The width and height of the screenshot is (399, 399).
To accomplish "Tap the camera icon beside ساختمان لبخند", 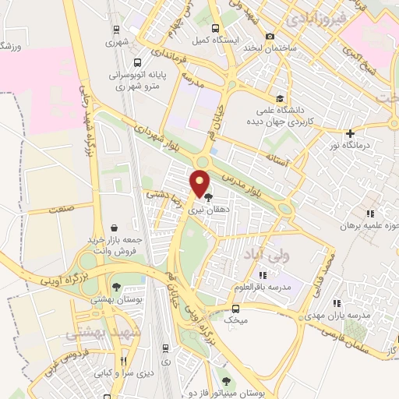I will [270, 36].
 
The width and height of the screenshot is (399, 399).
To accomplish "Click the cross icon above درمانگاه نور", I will [350, 133].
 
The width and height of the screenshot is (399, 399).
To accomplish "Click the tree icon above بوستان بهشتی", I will [117, 287].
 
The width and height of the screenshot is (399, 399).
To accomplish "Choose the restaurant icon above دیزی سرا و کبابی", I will [123, 361].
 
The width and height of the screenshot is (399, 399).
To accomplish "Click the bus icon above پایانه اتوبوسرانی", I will [137, 62].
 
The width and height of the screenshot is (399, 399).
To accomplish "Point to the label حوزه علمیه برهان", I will [369, 225].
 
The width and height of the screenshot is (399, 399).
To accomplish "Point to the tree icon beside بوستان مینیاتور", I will [226, 381].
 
